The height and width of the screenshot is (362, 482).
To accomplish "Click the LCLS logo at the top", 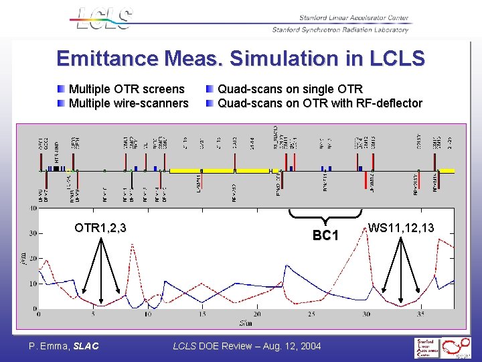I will click(103, 18).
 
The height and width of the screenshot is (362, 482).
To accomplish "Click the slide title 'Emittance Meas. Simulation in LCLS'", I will click(240, 58).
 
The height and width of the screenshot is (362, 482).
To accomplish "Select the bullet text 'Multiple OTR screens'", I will click(126, 89).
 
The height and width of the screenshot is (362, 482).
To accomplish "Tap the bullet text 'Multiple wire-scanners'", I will click(128, 103).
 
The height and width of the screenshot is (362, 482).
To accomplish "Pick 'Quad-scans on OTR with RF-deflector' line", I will click(320, 103).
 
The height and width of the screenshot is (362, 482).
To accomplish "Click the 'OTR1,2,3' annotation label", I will click(100, 228).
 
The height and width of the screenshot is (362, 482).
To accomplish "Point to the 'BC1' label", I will click(326, 236).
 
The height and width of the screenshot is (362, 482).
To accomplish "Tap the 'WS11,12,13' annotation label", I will click(400, 228).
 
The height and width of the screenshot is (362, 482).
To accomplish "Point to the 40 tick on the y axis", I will click(33, 208).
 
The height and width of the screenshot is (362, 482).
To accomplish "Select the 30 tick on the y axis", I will click(33, 234).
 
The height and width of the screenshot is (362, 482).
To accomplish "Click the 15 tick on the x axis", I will click(202, 314).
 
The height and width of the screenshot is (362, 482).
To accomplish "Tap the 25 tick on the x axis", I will click(312, 314).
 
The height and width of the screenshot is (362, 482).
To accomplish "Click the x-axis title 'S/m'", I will click(245, 322).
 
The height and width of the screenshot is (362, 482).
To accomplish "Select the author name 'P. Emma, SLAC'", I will click(64, 346).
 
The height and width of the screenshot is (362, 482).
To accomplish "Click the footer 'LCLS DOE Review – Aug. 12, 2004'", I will click(247, 346).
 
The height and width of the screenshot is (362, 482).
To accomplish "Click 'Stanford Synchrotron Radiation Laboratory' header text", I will click(340, 29).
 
